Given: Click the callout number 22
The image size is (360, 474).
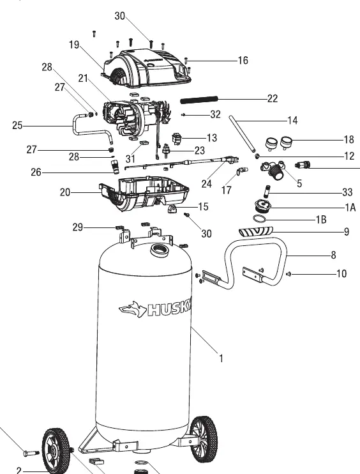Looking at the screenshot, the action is point(273,98).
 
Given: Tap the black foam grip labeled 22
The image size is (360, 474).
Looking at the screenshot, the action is point(199,100).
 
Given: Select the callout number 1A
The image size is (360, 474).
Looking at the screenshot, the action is point(350,208).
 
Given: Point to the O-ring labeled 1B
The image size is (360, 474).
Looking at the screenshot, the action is point(259,218).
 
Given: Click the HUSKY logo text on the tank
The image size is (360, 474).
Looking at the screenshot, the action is point(170,309).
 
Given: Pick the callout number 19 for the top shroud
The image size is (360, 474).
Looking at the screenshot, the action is point(74,45).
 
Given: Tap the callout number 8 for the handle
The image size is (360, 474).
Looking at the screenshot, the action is point(333,255).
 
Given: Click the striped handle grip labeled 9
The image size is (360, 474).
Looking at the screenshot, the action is point(256,232).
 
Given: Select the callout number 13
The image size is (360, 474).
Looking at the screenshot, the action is point(212,138).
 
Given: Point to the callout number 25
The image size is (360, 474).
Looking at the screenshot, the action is point(17,125).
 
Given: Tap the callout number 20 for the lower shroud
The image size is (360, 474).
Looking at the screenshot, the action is point(65,192).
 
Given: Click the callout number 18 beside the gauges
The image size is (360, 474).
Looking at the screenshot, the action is point(349,139).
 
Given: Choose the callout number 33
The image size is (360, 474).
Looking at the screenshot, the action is point(348,192).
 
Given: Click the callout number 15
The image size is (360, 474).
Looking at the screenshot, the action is point(203,207).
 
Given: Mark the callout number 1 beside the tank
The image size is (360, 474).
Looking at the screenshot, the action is point(221,358).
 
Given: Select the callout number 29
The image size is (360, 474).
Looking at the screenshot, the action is point(78,227).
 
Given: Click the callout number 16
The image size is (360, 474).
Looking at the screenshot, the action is point(243,61).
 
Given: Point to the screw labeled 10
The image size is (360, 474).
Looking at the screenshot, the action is point(288,274).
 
